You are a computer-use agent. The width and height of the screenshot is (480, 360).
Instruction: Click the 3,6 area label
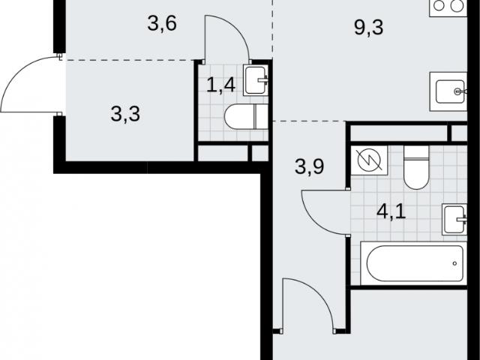[162, 24]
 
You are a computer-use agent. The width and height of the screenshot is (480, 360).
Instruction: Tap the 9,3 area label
[368, 28]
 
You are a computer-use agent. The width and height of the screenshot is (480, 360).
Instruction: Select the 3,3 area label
[125, 114]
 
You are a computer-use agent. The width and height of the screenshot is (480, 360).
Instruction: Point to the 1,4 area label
[221, 85]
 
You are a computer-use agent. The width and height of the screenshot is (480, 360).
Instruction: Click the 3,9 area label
[310, 166]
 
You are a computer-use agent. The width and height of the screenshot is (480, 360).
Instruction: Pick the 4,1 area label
[391, 211]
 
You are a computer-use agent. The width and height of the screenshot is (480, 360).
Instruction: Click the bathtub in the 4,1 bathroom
[414, 263]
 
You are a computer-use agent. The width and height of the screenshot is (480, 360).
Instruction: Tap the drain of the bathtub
[454, 263]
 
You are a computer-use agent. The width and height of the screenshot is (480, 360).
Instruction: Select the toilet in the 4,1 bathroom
[416, 167]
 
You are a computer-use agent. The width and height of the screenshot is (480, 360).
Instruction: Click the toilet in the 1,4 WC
[246, 117]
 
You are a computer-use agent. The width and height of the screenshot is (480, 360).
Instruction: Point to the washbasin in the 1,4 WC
[256, 80]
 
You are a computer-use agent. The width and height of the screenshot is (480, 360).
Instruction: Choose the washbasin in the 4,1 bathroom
[454, 220]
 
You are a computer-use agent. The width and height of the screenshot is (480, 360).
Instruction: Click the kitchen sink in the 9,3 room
[448, 91]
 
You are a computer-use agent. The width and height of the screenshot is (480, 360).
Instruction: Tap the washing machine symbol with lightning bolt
[369, 160]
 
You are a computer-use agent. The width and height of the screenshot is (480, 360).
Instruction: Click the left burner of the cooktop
[439, 6]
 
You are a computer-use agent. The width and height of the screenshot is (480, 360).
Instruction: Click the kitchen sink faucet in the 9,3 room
[460, 91]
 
